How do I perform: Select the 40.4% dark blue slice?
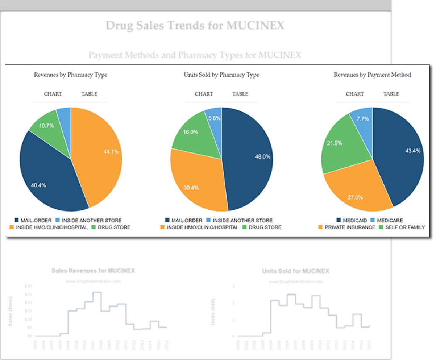point(48,179)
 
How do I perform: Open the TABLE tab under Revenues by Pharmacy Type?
point(89,94)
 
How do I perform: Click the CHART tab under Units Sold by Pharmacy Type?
point(204,94)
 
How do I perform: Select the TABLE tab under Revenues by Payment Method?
point(391,94)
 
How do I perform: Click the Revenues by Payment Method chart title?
point(372,75)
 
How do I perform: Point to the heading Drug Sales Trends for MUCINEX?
point(195,26)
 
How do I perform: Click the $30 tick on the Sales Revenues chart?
point(29,286)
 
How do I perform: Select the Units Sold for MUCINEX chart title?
point(296,271)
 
